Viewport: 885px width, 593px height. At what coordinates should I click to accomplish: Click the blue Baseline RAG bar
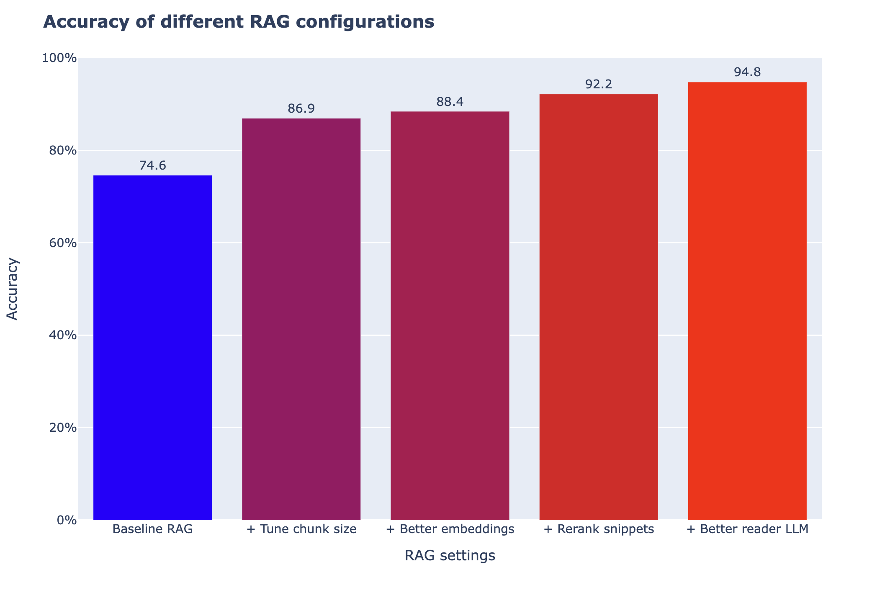click(x=152, y=348)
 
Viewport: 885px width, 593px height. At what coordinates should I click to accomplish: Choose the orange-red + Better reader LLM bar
click(x=747, y=301)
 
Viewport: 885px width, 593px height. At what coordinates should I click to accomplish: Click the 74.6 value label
click(x=152, y=166)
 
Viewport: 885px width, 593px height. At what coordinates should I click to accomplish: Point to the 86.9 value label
click(x=301, y=109)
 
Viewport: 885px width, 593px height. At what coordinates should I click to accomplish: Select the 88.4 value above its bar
click(x=450, y=102)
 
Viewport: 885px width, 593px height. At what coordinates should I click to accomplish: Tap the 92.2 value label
click(x=599, y=85)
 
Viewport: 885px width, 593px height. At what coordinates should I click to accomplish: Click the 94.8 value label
click(x=747, y=72)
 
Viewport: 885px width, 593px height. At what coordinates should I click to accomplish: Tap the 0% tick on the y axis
click(x=66, y=520)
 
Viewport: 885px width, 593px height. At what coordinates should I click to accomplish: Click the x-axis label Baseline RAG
click(x=152, y=529)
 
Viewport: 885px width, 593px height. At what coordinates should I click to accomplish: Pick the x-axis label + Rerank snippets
click(x=599, y=529)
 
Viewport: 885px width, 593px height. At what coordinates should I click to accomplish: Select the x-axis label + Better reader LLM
click(x=747, y=529)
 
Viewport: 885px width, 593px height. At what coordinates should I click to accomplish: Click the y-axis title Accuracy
click(x=13, y=289)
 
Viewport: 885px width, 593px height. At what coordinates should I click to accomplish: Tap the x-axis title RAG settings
click(x=450, y=556)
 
